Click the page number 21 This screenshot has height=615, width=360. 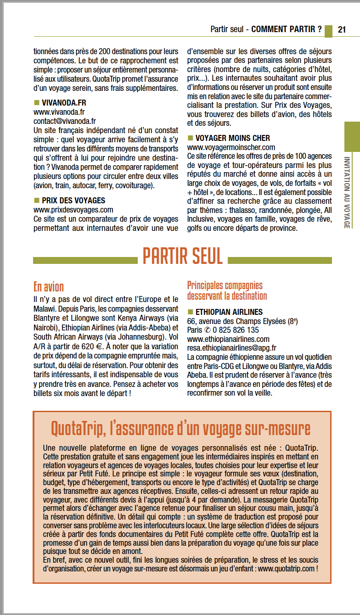(x=342, y=29)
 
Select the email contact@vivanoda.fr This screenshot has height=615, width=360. (x=65, y=121)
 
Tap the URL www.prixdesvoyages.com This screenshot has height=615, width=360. (x=73, y=210)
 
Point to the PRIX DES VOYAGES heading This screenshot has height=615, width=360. (x=73, y=201)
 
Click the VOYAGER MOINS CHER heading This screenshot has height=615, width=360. (x=233, y=138)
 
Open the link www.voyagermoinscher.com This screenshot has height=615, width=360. (x=231, y=147)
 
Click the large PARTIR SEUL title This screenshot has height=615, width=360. (x=182, y=256)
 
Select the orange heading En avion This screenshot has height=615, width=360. (x=49, y=287)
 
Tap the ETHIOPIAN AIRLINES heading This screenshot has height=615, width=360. (x=229, y=312)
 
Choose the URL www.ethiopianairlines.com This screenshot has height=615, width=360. (x=228, y=339)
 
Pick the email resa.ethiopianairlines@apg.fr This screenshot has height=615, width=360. (x=232, y=348)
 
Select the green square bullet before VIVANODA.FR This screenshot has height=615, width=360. (x=37, y=102)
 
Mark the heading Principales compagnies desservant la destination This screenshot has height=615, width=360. (x=227, y=291)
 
